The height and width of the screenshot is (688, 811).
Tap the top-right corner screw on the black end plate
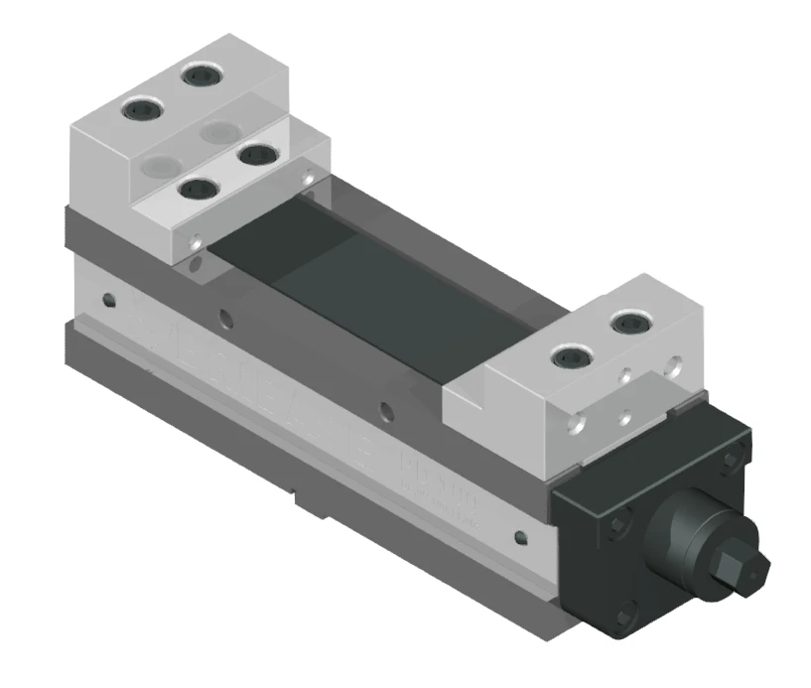click(x=733, y=457)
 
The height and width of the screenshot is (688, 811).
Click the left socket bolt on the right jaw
click(x=568, y=356)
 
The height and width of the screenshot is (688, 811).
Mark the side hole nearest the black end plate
click(x=519, y=538)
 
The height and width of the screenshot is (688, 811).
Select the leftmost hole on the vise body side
click(x=106, y=298)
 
